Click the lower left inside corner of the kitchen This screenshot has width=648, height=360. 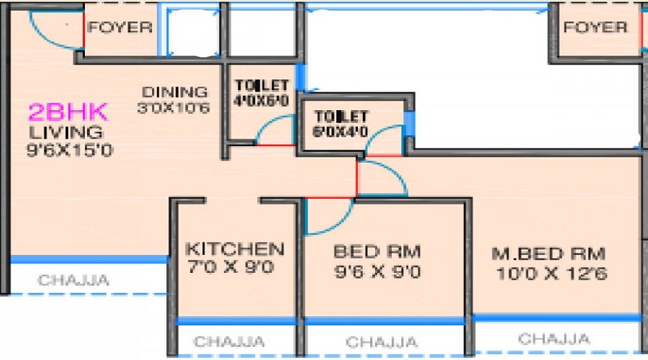pos(178,317)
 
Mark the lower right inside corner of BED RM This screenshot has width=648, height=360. pos(464,317)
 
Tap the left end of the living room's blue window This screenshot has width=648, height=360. pos(11,259)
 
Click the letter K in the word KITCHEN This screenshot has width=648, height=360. pos(192,249)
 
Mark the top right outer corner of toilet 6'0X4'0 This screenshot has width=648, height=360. pos(414,94)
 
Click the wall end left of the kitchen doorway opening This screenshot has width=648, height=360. pos(205,200)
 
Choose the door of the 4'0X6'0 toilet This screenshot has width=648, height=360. pos(276,130)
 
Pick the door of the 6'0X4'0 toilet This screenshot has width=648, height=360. pos(384,140)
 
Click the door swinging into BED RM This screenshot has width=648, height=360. pos(329,217)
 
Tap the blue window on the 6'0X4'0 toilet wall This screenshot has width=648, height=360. pos(409,123)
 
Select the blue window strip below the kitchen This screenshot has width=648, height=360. pos(236,320)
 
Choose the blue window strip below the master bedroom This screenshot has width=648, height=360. pos(557,318)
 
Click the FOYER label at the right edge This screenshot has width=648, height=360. pos(595,27)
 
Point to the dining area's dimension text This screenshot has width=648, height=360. pos(174,108)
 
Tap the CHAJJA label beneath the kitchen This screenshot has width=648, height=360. pos(229,342)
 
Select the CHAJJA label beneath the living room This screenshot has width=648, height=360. pos(73,280)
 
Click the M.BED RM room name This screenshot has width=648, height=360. pos(549,253)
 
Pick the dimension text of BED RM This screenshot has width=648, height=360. pos(377,272)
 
